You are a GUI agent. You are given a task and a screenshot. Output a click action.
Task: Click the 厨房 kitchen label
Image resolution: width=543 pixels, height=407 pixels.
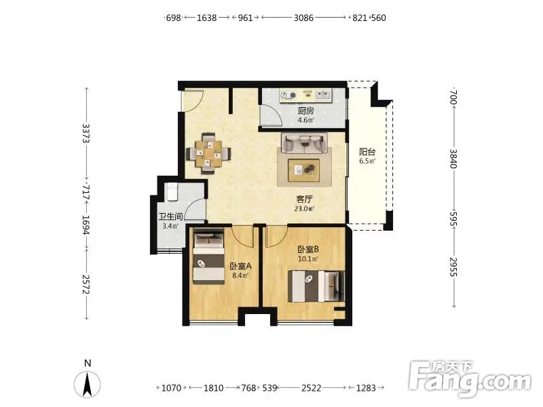[306, 111]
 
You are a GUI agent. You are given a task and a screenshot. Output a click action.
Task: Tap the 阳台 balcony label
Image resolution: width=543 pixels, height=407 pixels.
[367, 151]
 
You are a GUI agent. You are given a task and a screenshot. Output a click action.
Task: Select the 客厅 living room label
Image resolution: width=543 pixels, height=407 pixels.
[304, 199]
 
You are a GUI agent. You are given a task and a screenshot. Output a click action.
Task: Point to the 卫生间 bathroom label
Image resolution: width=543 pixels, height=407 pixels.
[170, 216]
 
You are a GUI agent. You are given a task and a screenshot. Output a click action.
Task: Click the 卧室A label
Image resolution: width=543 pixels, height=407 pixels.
[240, 266]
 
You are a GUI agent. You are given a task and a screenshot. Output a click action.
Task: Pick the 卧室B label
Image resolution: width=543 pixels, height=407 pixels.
[308, 249]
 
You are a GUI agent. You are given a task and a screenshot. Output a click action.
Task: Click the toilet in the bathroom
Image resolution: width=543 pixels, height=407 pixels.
[172, 192]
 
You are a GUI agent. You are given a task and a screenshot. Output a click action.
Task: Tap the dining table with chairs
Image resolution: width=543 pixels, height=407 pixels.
[208, 153]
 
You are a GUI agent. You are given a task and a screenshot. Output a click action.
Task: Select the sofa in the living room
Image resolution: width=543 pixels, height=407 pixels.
[305, 142]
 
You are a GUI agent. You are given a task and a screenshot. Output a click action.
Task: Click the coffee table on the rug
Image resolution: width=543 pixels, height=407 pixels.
[304, 170]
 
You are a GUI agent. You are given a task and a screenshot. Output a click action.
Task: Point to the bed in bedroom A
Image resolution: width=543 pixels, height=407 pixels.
[208, 256]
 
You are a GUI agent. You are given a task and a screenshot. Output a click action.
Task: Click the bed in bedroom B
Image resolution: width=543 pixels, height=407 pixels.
[316, 286]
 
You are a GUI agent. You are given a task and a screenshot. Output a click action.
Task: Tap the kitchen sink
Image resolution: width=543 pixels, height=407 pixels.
[324, 94]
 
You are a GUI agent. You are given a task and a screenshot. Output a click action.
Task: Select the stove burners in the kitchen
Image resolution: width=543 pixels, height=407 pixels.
[288, 95]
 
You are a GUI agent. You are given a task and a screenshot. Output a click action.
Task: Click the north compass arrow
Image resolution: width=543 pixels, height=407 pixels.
[88, 383]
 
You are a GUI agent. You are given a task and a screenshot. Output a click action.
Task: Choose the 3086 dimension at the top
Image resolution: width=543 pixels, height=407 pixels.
[303, 18]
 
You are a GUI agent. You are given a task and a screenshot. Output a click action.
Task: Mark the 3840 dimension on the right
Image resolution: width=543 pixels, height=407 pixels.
[453, 159]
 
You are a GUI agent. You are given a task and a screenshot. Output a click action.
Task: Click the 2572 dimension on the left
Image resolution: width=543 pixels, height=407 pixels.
[86, 284]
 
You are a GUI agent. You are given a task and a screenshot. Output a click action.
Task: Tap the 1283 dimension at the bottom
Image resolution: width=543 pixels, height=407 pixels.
[366, 388]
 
